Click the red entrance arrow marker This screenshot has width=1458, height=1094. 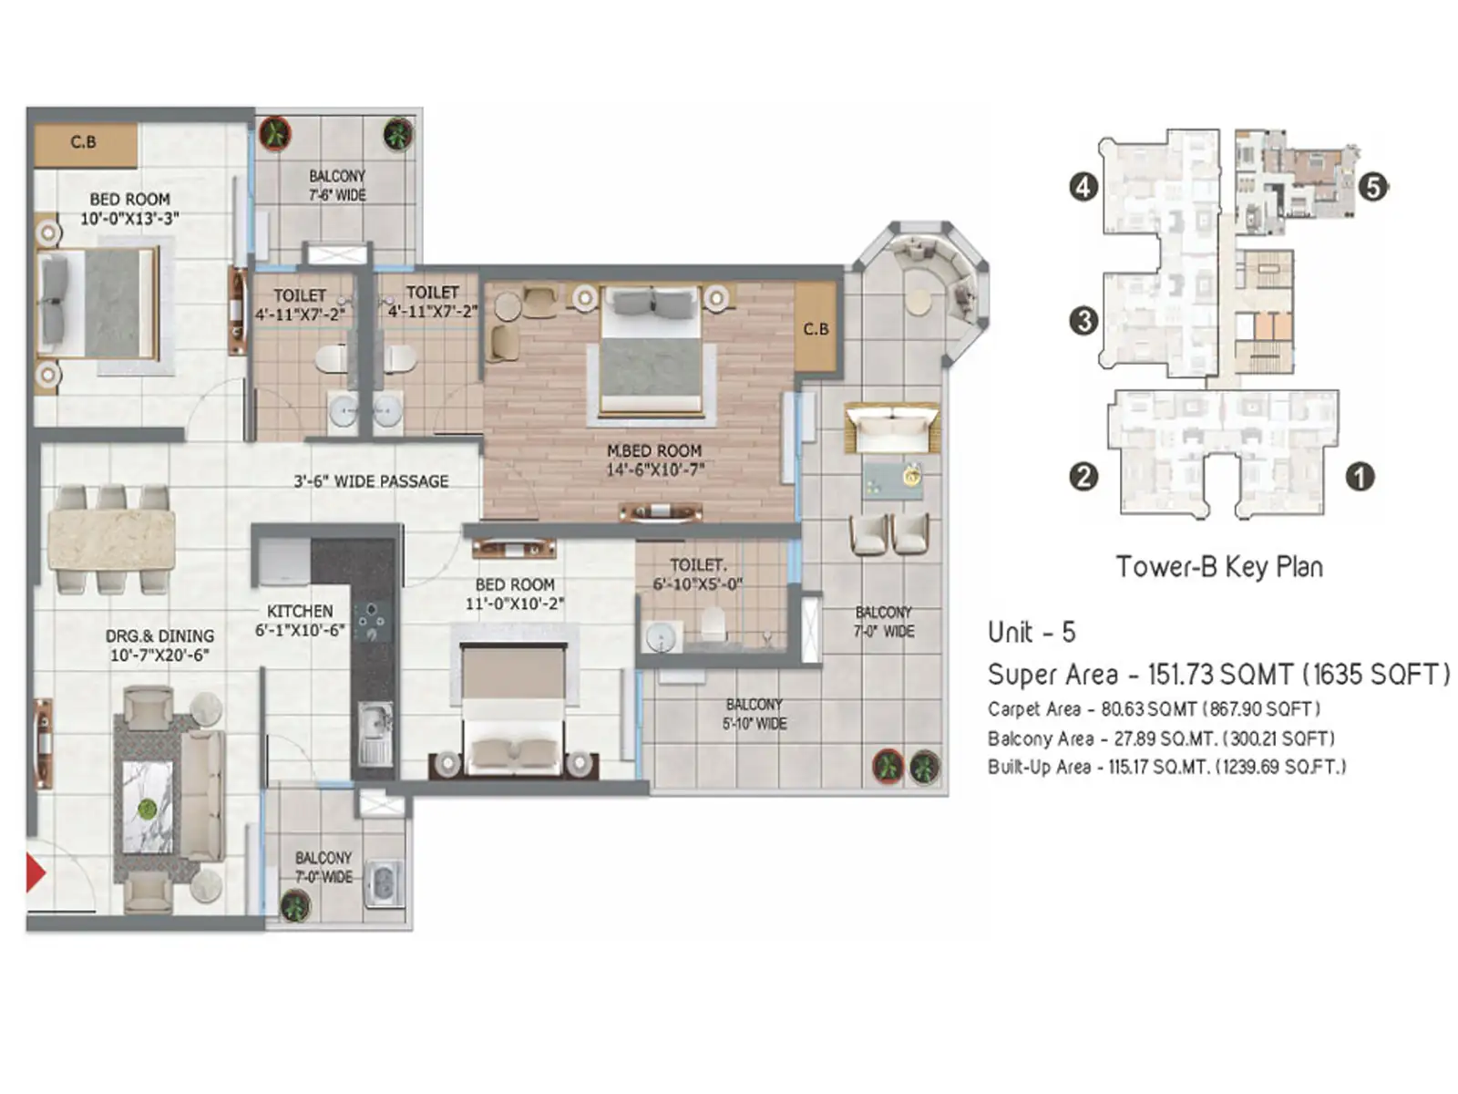[x=36, y=872]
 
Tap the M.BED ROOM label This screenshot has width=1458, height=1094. [x=654, y=460]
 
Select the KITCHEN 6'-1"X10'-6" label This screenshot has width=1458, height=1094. [x=300, y=620]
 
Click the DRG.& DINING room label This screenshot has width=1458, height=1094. [x=160, y=645]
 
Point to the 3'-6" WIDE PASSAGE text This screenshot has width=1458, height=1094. [x=371, y=481]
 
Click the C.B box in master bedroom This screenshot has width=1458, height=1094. [x=816, y=329]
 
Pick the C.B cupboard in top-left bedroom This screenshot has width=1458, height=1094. [x=85, y=144]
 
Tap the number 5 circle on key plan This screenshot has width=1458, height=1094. [x=1373, y=188]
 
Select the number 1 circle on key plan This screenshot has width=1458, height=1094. [x=1360, y=476]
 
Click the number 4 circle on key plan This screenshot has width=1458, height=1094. [x=1083, y=188]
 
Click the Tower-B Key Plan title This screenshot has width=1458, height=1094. [x=1219, y=567]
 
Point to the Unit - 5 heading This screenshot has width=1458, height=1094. [x=1032, y=632]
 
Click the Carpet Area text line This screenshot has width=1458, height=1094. [x=1154, y=709]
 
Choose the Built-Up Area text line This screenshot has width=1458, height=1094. [x=1166, y=767]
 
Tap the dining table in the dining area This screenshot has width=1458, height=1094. [x=111, y=539]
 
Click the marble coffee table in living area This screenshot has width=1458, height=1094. [x=148, y=807]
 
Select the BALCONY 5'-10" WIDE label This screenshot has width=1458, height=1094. [x=755, y=714]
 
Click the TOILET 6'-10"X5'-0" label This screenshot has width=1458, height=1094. [x=698, y=574]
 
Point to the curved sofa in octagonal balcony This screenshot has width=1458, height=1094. [x=939, y=273]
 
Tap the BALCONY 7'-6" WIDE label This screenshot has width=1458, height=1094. [x=337, y=185]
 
